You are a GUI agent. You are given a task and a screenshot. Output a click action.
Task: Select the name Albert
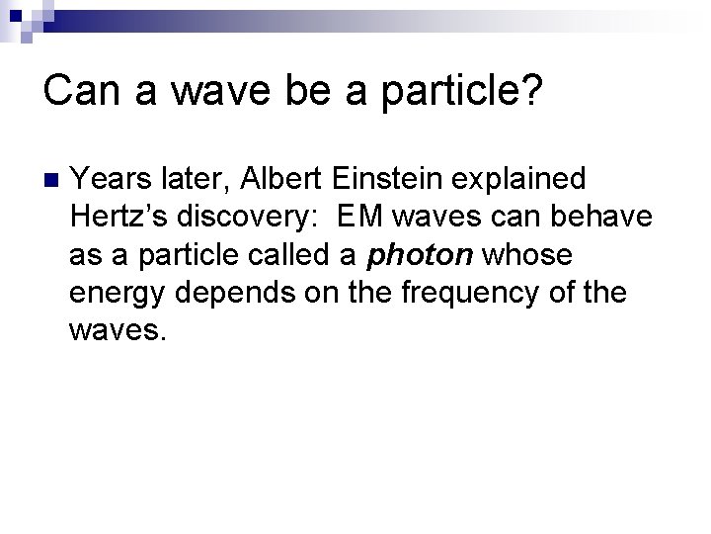tap(278, 179)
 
